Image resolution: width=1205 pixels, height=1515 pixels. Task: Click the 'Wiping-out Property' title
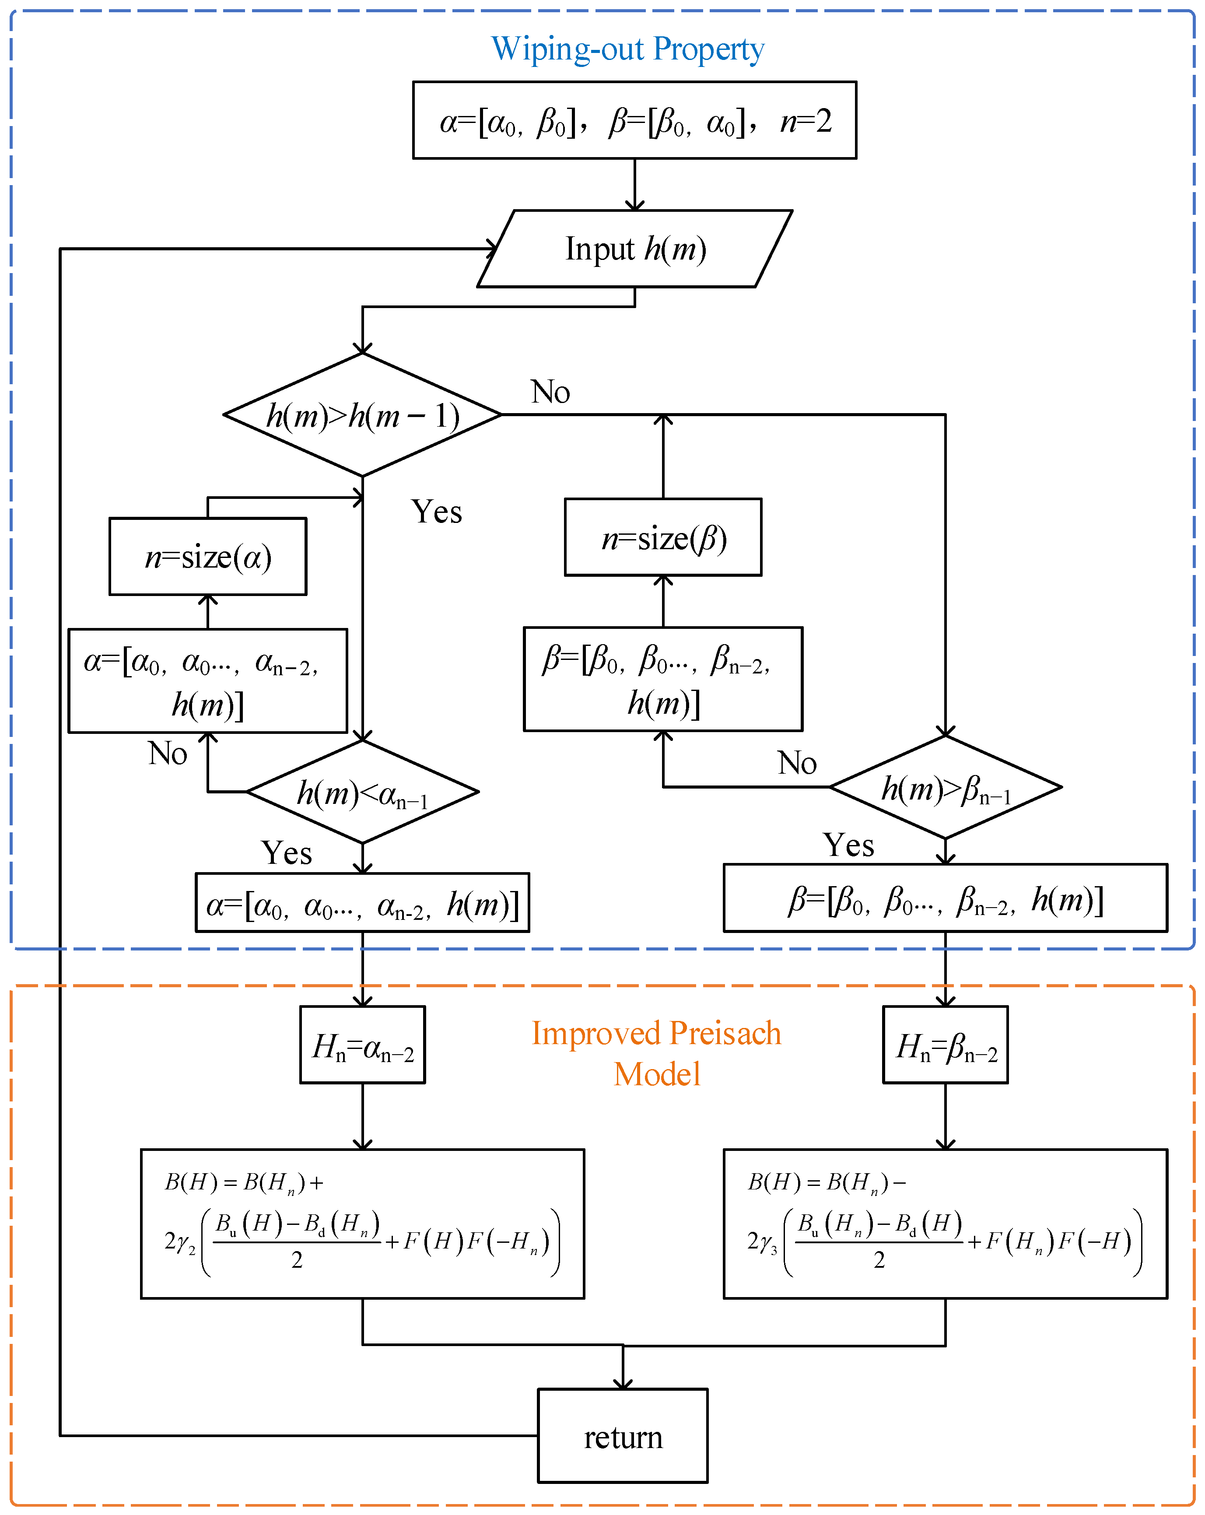point(627,49)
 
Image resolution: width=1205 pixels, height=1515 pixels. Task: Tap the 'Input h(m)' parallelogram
point(634,249)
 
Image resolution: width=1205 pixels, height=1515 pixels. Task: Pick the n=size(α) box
point(208,557)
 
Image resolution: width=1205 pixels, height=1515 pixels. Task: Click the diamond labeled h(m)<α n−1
point(363,793)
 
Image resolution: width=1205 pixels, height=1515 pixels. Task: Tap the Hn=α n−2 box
point(363,1045)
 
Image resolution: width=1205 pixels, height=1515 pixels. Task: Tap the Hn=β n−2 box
point(945,1045)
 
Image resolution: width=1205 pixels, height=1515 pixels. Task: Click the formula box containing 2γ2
point(363,1224)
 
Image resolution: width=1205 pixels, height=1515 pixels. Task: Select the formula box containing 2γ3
point(945,1224)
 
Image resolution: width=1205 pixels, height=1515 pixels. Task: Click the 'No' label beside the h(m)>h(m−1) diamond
point(550,392)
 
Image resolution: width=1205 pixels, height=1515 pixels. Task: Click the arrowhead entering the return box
point(623,1384)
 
